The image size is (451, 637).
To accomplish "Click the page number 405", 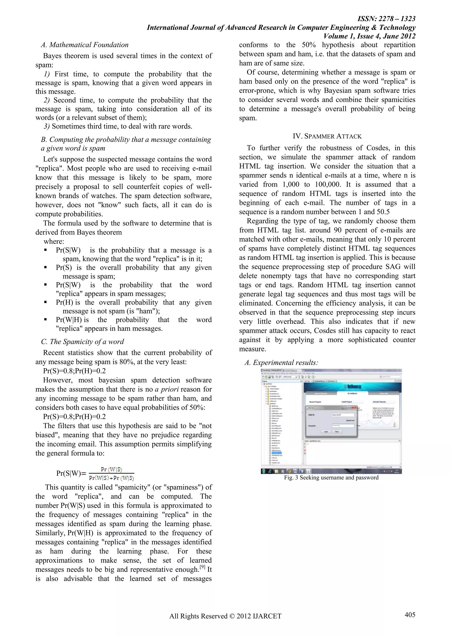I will [x=410, y=615].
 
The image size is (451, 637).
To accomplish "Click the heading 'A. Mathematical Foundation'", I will [x=85, y=45].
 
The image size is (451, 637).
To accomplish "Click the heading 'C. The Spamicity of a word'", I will [x=83, y=341].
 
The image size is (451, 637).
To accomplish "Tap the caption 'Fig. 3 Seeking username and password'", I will [x=331, y=477].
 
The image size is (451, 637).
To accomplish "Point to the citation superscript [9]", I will [x=202, y=567].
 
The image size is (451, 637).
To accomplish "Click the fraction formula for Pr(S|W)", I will [x=111, y=474].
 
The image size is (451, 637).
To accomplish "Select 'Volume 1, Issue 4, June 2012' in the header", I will [x=369, y=36].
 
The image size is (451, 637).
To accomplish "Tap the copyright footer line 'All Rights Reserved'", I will [x=225, y=616].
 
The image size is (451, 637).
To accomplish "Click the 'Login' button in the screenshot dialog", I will [x=326, y=432].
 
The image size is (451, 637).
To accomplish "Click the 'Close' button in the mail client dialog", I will [x=336, y=432].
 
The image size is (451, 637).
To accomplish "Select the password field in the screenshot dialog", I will [x=343, y=426].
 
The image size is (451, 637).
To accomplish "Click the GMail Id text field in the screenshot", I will [x=343, y=415].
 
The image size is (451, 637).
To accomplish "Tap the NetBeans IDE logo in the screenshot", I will [x=352, y=386].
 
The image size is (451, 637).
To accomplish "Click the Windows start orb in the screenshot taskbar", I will [x=264, y=471].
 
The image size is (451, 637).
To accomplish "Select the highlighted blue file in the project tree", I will [x=276, y=453].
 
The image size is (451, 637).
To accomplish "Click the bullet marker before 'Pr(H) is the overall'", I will [x=45, y=302].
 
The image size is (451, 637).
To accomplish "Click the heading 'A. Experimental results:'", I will [x=281, y=363].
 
